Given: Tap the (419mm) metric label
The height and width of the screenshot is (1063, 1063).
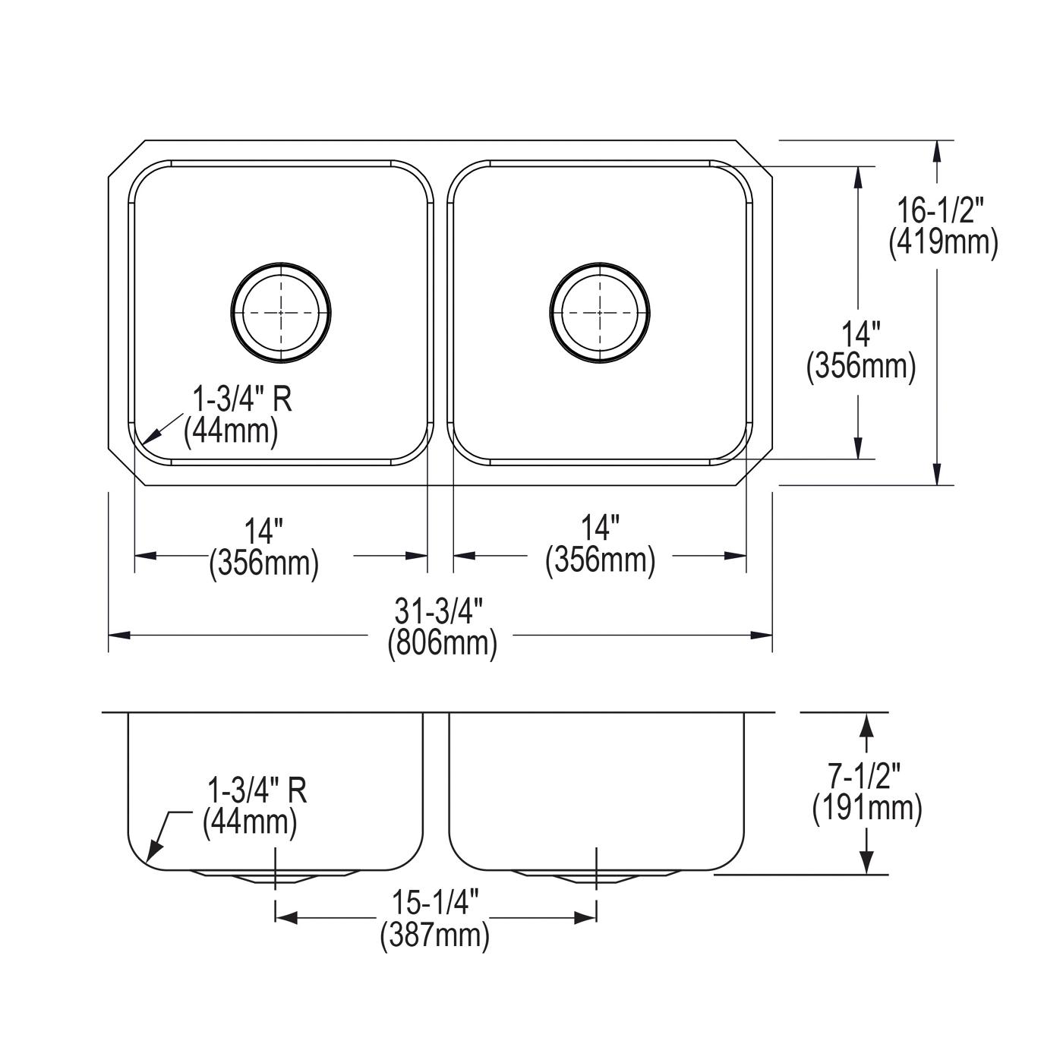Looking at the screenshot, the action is tap(943, 242).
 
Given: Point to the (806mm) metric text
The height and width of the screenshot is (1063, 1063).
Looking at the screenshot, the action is tap(442, 644).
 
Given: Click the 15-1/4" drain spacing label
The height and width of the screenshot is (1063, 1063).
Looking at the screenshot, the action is tap(435, 903).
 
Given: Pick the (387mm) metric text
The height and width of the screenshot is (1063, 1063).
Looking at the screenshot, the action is tap(434, 935).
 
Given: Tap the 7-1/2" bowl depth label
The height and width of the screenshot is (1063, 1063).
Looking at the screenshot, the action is tap(866, 777).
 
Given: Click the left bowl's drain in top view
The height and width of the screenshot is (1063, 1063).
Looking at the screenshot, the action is tap(281, 313).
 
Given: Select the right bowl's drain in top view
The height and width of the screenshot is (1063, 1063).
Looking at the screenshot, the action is tap(600, 313).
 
